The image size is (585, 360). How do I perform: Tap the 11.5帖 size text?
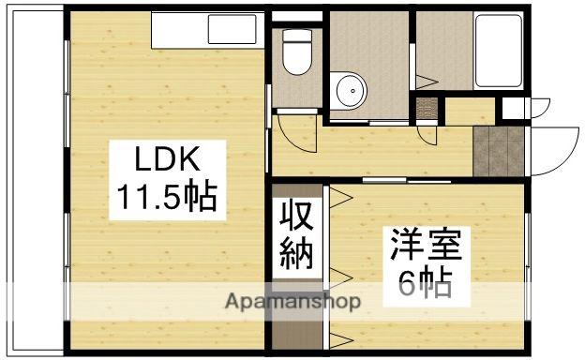pyautogui.click(x=166, y=196)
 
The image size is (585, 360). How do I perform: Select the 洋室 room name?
pyautogui.click(x=426, y=247)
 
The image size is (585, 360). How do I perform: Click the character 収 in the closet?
pyautogui.click(x=298, y=218)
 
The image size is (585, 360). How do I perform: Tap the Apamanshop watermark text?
pyautogui.click(x=292, y=302)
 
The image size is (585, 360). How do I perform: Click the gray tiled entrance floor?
pyautogui.click(x=498, y=150)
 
